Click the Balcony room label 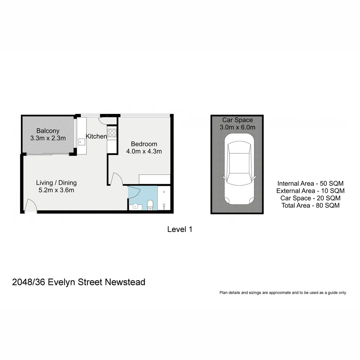[48, 131]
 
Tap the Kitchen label [96, 136]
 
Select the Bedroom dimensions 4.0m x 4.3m [144, 151]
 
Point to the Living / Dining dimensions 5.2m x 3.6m [56, 190]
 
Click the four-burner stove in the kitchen [112, 133]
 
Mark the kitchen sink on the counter [82, 142]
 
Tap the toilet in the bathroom [150, 205]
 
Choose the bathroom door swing [134, 192]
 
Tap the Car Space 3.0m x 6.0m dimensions [237, 127]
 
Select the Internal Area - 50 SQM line [310, 184]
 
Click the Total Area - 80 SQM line [310, 206]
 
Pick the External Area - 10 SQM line [310, 191]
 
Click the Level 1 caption [180, 229]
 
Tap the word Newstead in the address [125, 282]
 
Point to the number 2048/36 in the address [29, 282]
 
